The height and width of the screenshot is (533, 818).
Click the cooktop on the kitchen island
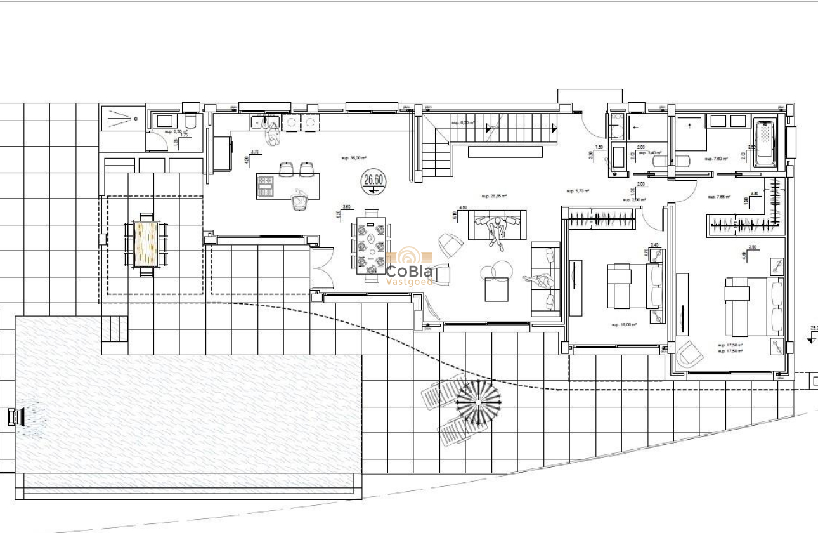click(x=265, y=187)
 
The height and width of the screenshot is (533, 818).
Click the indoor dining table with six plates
click(x=370, y=245)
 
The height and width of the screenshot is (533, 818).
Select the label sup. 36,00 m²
click(x=354, y=158)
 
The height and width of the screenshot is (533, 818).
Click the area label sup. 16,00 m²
click(x=624, y=324)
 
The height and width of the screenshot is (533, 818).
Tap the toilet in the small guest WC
click(x=190, y=122)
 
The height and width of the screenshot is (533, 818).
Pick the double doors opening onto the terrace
click(x=321, y=269)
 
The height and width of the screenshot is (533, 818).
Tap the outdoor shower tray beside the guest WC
click(x=122, y=117)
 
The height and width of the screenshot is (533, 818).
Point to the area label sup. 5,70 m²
click(x=578, y=190)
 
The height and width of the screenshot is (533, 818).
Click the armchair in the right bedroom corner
click(x=689, y=354)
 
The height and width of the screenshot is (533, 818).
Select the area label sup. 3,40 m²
click(x=650, y=153)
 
